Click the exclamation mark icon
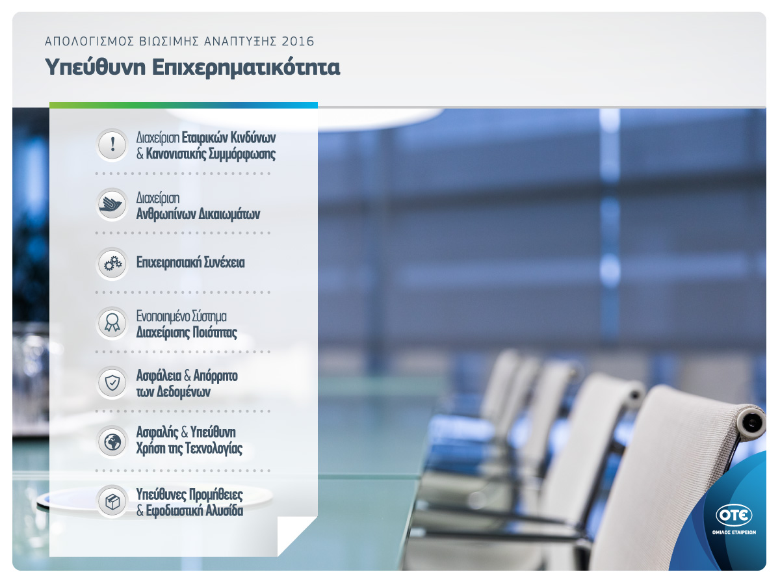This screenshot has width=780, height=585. pos(112,144)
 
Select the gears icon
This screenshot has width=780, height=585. pos(112,264)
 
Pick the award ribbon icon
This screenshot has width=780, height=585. pos(112,323)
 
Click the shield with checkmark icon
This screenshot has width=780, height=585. pos(112,383)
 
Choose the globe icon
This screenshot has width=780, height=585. pos(112,442)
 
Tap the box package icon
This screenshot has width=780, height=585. pos(112,502)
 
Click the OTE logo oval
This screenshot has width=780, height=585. pos(734,515)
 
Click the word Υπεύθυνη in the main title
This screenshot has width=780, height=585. pos(96,67)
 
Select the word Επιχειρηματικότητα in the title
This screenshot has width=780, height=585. pos(246,67)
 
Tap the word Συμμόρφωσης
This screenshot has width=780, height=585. pos(242,155)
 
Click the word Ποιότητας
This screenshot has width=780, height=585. pos(214,333)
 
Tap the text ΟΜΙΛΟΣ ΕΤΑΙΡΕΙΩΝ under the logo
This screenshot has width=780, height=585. pos(734,532)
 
